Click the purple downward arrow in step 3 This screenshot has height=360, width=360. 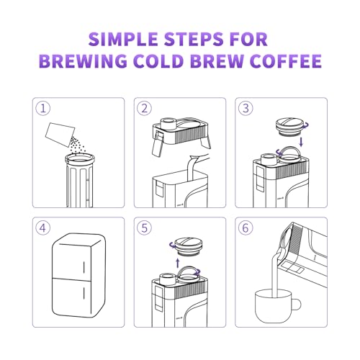(x=301, y=142)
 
